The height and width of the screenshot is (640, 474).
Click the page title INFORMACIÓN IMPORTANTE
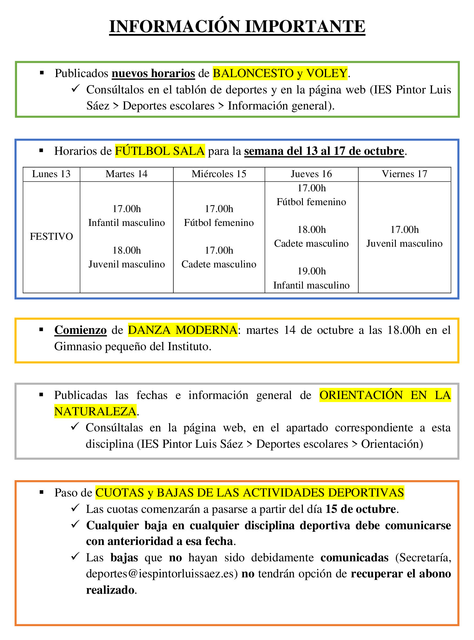click(237, 26)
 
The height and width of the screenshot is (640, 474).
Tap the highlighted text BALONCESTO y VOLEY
click(280, 73)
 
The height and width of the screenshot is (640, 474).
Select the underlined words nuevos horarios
click(153, 73)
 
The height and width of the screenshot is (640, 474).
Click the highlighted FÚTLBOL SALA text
click(160, 151)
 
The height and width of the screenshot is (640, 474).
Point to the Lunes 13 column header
click(51, 174)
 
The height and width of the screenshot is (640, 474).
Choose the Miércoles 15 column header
click(219, 174)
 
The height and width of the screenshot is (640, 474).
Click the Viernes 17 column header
click(404, 174)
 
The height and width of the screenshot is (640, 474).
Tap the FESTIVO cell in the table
click(51, 236)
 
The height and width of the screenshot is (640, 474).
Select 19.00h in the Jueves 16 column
click(311, 271)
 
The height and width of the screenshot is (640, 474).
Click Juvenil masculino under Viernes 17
click(404, 243)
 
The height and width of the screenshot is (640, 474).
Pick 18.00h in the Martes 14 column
click(127, 250)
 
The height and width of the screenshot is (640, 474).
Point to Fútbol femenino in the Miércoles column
click(219, 222)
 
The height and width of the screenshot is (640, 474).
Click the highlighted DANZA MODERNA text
click(182, 330)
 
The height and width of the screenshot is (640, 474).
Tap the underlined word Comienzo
click(80, 330)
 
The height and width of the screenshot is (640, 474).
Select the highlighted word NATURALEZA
click(95, 411)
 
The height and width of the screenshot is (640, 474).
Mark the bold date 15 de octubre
click(361, 509)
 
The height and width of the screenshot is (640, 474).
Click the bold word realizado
click(110, 590)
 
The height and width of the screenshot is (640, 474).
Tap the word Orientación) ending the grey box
click(392, 444)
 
